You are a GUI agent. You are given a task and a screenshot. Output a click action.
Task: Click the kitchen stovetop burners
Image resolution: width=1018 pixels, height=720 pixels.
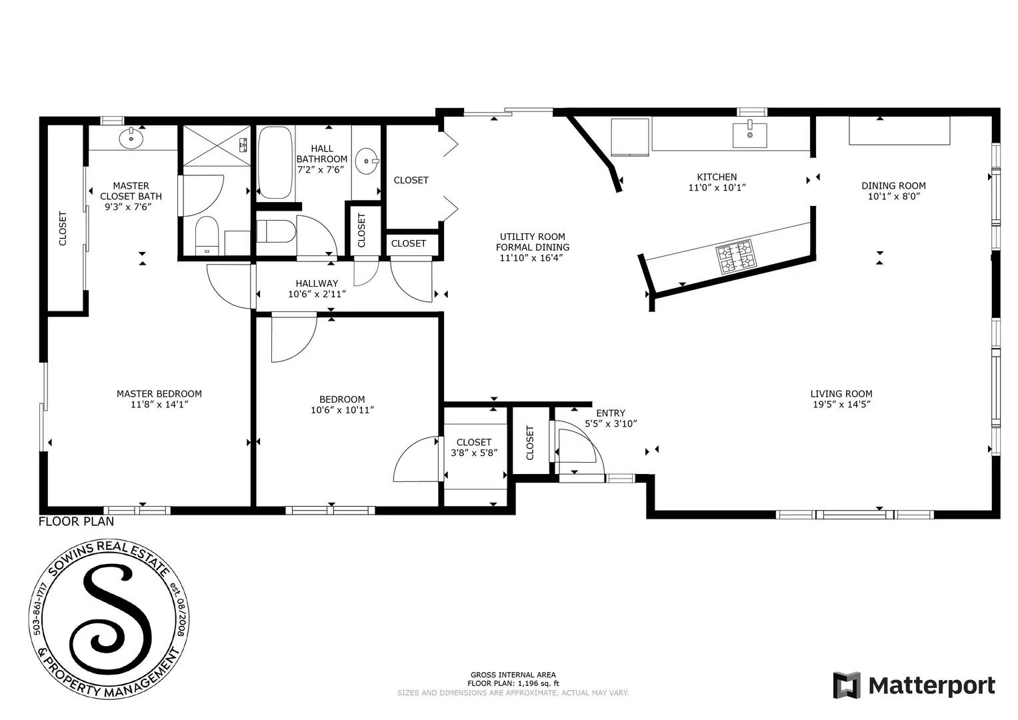click(x=736, y=257)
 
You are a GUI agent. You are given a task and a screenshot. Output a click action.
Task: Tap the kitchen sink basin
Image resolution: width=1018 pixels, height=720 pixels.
click(x=749, y=135)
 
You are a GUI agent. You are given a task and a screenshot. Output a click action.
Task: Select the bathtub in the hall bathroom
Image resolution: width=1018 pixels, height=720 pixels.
click(x=275, y=163)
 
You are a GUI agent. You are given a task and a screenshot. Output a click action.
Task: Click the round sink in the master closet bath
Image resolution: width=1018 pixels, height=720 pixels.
click(x=131, y=139)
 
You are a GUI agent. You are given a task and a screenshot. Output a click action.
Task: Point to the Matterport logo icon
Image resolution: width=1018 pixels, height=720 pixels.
click(x=847, y=685)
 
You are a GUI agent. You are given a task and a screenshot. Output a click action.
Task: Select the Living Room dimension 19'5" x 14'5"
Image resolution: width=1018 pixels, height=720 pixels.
click(x=841, y=404)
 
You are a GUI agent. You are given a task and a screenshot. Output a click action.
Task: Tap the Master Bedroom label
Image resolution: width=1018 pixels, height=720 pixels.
click(x=159, y=393)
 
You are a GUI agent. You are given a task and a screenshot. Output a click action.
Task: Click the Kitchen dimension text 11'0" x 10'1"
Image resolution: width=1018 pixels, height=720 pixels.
click(x=717, y=187)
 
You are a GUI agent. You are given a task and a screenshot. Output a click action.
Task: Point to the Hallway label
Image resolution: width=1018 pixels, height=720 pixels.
click(x=317, y=283)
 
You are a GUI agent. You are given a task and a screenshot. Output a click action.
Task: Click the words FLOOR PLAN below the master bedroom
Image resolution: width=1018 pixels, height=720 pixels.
click(x=76, y=521)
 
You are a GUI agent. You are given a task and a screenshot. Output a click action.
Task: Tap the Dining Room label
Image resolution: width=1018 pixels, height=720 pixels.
click(x=893, y=185)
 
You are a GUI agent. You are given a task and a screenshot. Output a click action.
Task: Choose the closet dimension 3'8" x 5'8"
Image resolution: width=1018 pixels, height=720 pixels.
click(x=474, y=453)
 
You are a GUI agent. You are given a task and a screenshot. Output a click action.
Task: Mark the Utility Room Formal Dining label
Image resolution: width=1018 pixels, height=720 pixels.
click(x=532, y=241)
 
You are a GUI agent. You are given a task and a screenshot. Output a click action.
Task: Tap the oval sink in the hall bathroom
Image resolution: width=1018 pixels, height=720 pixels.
click(x=365, y=161)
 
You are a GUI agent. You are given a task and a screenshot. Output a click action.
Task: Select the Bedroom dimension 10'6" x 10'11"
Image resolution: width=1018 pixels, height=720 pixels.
click(x=342, y=410)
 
